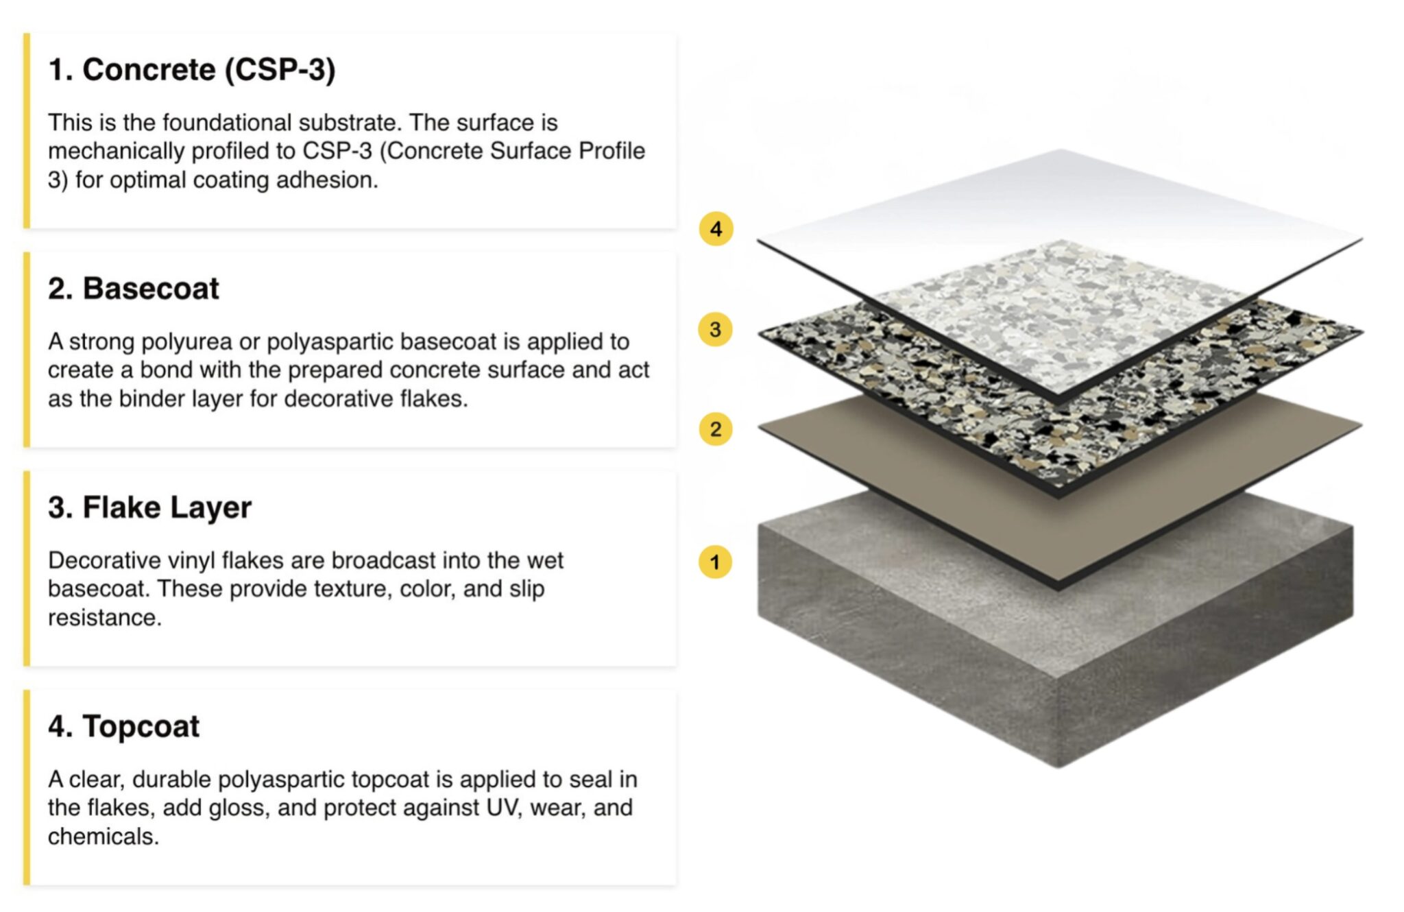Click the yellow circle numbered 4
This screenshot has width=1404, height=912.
click(x=716, y=228)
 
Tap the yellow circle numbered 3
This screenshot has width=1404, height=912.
click(x=716, y=329)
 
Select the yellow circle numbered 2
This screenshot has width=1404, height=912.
click(x=716, y=429)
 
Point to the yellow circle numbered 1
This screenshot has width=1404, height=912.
click(x=716, y=562)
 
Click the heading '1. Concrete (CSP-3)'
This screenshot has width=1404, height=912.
click(x=192, y=70)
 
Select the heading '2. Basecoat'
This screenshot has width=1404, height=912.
click(x=134, y=288)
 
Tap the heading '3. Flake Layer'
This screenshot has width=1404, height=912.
click(x=149, y=507)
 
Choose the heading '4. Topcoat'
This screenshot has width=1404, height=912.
click(x=124, y=726)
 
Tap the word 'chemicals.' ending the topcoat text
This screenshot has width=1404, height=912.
click(x=104, y=837)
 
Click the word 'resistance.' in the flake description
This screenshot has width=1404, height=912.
click(x=105, y=618)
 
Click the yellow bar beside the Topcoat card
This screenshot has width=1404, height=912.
click(x=27, y=787)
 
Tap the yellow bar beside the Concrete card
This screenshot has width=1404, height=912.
click(x=27, y=130)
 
